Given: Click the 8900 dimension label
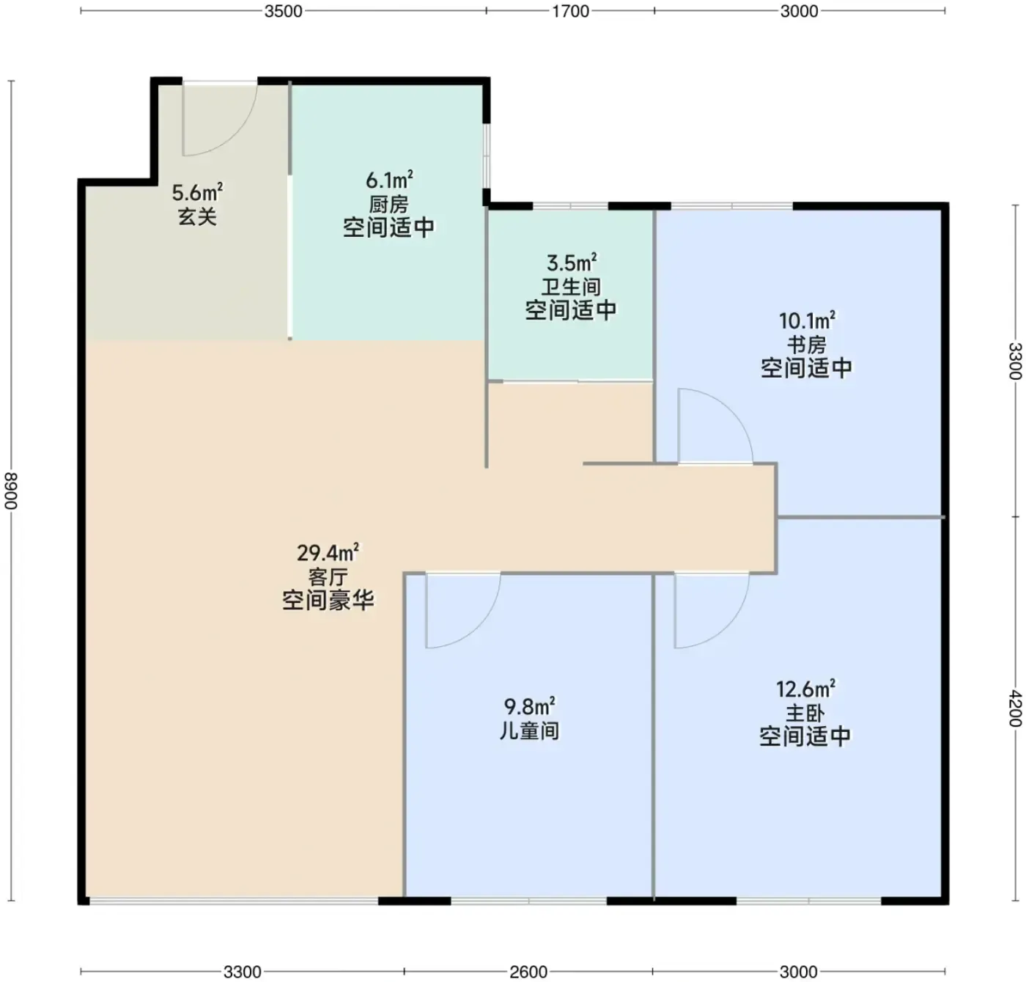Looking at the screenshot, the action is click(x=11, y=491).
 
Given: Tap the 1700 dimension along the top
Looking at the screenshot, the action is click(x=570, y=11).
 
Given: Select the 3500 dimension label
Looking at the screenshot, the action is click(x=283, y=11).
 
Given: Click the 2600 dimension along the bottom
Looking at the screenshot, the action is click(x=528, y=972).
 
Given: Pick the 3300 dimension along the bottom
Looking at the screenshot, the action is click(x=242, y=972).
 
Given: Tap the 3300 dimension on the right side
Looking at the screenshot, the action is click(x=1015, y=361).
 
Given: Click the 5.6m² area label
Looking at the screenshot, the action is click(x=197, y=193).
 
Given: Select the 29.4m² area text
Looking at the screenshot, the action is click(x=328, y=552).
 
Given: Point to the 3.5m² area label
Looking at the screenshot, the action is click(x=572, y=263).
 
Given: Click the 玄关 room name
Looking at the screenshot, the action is click(x=197, y=217).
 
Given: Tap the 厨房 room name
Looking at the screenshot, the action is click(x=389, y=205).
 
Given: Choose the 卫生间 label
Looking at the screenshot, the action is click(x=572, y=287).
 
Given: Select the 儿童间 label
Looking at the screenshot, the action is click(x=529, y=731).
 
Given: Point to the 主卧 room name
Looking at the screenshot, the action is click(x=805, y=714).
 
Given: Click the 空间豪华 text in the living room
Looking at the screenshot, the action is click(x=328, y=601).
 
